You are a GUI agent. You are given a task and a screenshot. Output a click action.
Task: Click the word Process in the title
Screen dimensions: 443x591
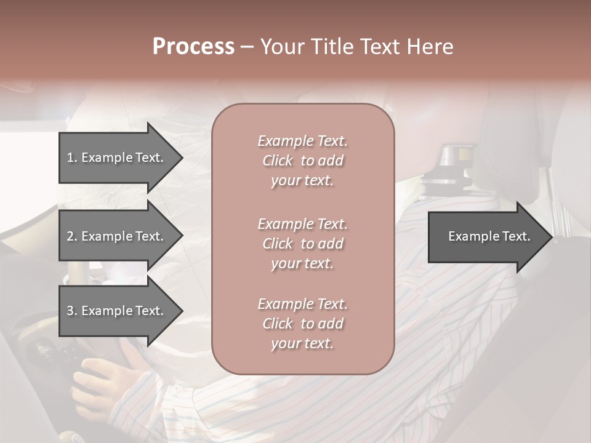193,47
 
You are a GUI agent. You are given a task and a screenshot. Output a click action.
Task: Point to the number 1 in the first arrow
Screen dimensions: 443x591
70,158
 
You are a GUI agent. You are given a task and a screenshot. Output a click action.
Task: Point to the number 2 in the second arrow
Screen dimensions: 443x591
70,236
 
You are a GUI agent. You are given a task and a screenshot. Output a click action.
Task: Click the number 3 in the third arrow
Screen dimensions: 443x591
70,311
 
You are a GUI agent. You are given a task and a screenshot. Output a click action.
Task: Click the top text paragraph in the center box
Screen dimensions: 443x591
302,161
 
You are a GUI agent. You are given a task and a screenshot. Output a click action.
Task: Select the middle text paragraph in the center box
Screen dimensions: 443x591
302,244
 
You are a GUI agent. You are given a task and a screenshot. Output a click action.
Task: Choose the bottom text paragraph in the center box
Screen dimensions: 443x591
302,324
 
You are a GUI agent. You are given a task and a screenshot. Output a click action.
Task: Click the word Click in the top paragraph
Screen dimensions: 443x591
278,161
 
